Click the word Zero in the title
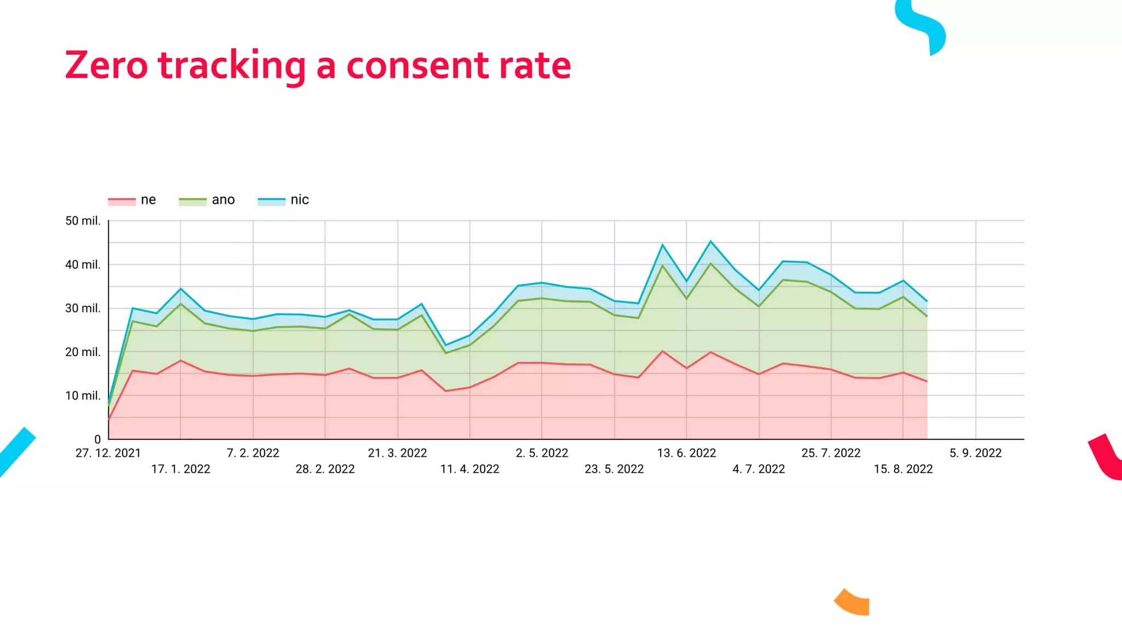(x=106, y=66)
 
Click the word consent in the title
(x=417, y=66)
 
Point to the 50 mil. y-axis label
(x=83, y=221)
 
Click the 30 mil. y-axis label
(x=83, y=308)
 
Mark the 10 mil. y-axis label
(x=83, y=395)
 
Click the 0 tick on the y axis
(x=98, y=439)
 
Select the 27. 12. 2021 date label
(x=108, y=453)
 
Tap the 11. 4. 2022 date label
(x=470, y=469)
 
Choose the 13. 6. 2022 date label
(x=686, y=453)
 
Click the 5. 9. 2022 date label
(x=975, y=453)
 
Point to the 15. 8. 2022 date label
(x=903, y=469)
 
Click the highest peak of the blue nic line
(x=711, y=242)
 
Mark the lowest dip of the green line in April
(x=446, y=353)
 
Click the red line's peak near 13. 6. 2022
(x=662, y=351)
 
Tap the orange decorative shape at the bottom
(x=854, y=603)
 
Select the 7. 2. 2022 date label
(x=253, y=453)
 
